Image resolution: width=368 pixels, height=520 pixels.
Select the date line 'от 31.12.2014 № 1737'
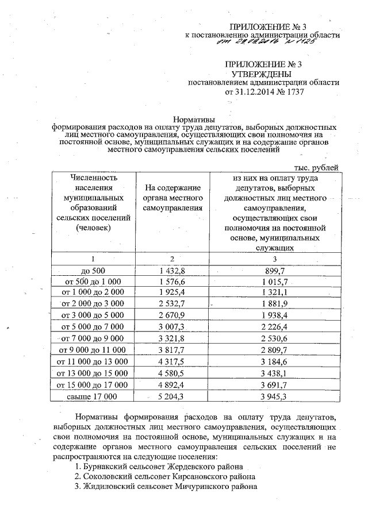pyautogui.click(x=262, y=91)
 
